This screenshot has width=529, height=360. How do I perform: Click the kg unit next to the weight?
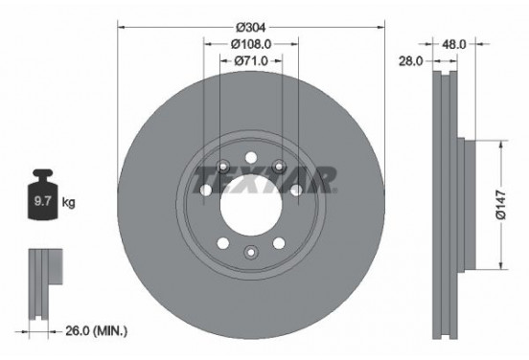[68, 203]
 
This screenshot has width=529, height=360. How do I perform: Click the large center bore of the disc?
[251, 205]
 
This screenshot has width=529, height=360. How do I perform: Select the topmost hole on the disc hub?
[251, 159]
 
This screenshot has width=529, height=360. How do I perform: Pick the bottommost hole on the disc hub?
[251, 252]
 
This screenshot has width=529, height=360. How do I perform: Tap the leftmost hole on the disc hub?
[206, 190]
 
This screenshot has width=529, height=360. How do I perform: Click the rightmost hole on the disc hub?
[296, 190]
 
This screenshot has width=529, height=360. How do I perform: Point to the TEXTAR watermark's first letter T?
[203, 178]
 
